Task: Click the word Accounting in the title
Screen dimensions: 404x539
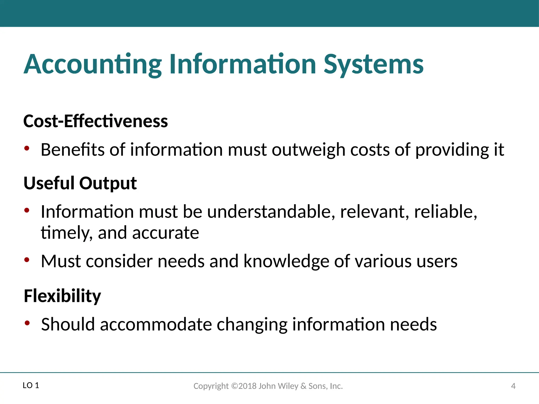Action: pyautogui.click(x=93, y=64)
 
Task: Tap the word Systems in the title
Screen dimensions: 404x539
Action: pyautogui.click(x=373, y=64)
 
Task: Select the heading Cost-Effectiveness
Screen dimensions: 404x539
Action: pyautogui.click(x=96, y=121)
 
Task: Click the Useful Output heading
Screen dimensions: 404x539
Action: pyautogui.click(x=80, y=183)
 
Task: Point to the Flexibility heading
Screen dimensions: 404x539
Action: pyautogui.click(x=62, y=296)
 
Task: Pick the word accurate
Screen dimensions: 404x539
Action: pyautogui.click(x=166, y=233)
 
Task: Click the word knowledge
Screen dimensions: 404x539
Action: pyautogui.click(x=286, y=261)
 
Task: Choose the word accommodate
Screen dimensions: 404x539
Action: pyautogui.click(x=156, y=324)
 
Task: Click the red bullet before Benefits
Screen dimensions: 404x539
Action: pyautogui.click(x=27, y=148)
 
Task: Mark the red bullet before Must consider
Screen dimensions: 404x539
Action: pyautogui.click(x=27, y=260)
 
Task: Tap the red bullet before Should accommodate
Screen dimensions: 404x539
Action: pyautogui.click(x=27, y=323)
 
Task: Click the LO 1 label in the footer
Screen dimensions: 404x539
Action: pyautogui.click(x=31, y=386)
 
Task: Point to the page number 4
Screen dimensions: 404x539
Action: pyautogui.click(x=513, y=386)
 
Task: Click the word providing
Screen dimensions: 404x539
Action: pyautogui.click(x=452, y=150)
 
